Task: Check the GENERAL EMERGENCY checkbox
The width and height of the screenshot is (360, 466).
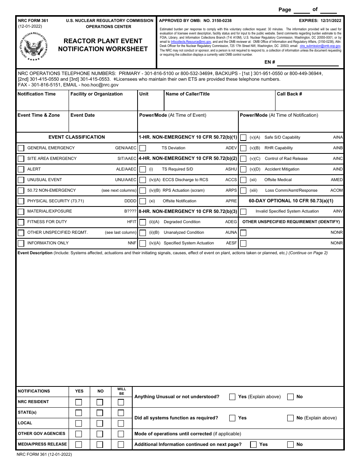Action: coord(21,148)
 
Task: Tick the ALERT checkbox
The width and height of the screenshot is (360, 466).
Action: coord(21,169)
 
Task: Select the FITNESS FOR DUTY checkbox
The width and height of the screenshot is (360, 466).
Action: coord(21,222)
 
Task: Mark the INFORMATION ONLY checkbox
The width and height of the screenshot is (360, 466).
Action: coord(21,243)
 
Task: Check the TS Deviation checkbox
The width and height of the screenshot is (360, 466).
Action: coord(143,148)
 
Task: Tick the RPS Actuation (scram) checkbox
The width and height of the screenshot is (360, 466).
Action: coord(143,191)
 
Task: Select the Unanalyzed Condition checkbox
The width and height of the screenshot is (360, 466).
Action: coord(143,233)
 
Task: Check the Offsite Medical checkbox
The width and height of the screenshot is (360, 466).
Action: coord(243,180)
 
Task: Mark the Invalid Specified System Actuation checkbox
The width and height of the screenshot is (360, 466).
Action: coord(243,211)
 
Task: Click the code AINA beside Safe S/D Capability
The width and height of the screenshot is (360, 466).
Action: coord(338,137)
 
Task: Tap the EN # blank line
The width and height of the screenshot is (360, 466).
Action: coord(309,62)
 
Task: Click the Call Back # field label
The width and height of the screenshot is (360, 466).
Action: coord(290,94)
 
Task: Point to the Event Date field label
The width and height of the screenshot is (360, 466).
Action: coord(83,115)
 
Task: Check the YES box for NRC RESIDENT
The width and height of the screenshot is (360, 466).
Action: coord(78,402)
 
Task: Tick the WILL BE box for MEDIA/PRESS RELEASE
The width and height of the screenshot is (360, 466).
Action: coord(121,444)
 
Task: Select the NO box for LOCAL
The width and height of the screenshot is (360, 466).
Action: coord(100,423)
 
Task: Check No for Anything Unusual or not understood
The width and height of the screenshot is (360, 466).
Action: coord(291,397)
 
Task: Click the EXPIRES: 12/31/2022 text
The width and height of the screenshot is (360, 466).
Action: coord(320,21)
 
